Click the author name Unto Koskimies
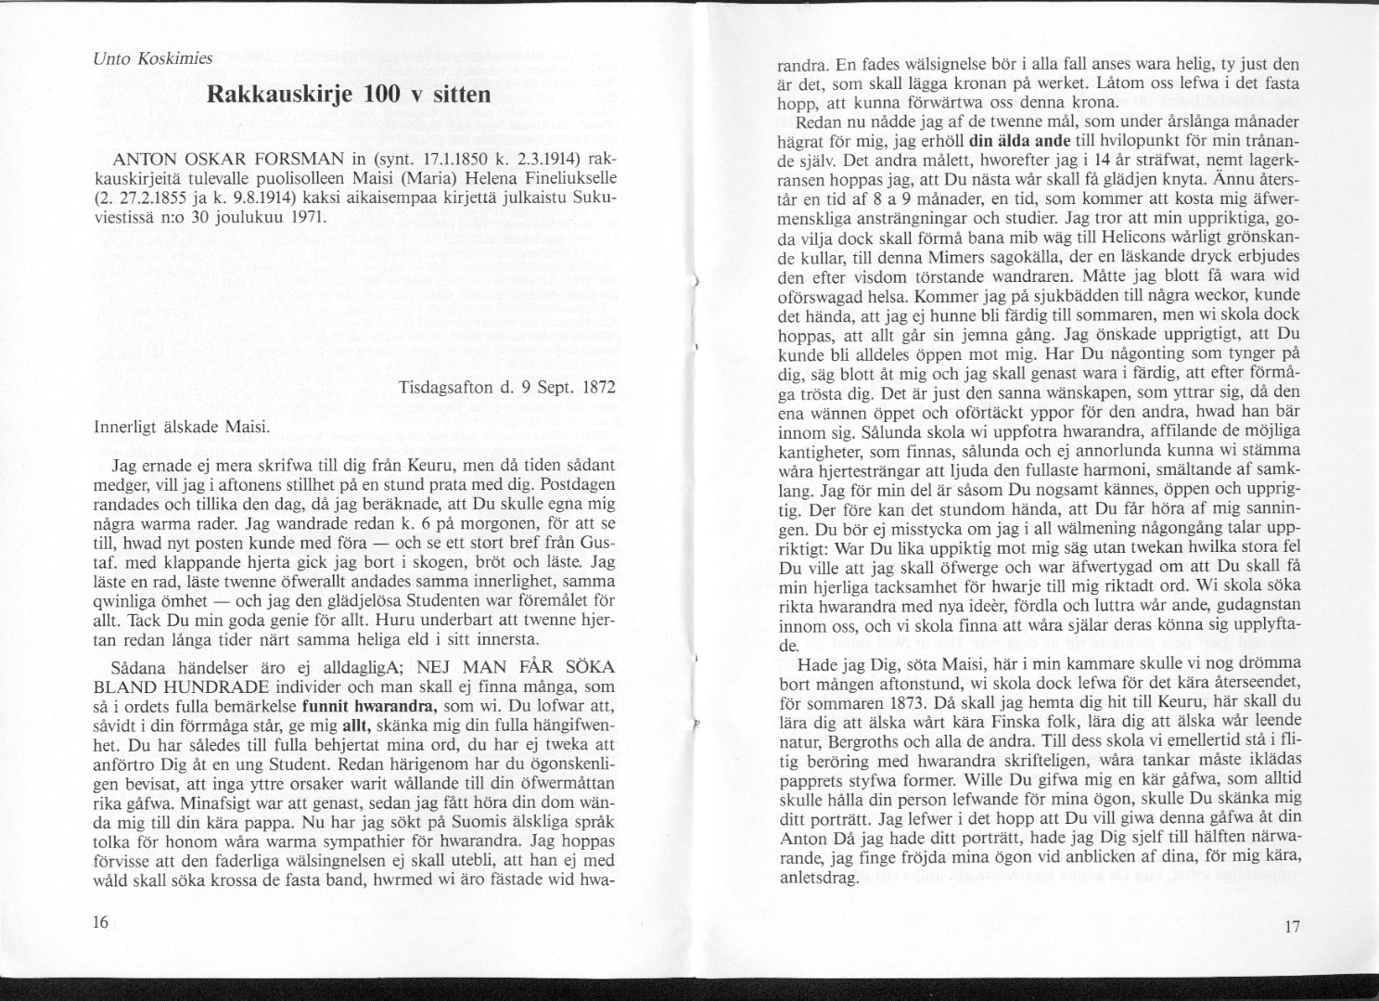pos(153,58)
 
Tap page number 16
pos(101,921)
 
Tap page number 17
pos(1294,927)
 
